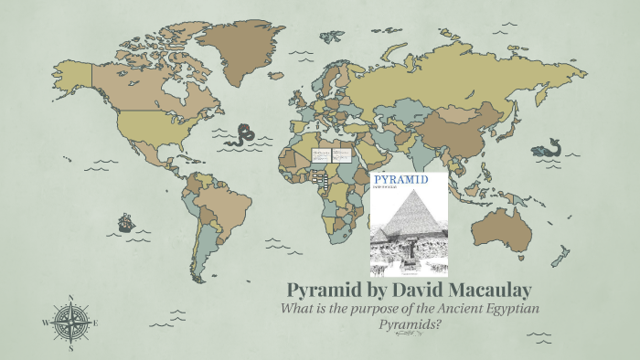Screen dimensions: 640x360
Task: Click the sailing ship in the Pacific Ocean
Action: (125, 222)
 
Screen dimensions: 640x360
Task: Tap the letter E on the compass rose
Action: (96, 323)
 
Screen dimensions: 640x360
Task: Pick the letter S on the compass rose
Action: (70, 348)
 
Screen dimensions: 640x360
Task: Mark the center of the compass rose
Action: (70, 323)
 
